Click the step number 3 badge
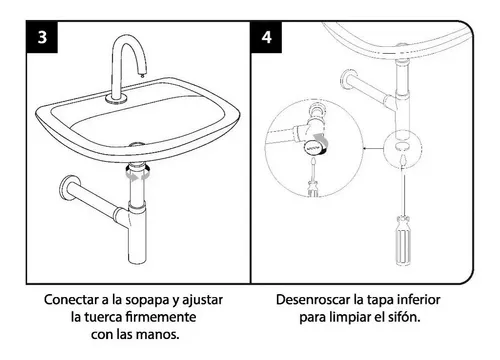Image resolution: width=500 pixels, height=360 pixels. (42, 37)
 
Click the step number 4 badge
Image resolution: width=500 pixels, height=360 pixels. (266, 37)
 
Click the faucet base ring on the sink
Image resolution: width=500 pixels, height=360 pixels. (116, 98)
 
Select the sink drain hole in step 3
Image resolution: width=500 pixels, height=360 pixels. (137, 145)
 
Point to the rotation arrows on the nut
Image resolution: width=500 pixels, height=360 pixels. (136, 175)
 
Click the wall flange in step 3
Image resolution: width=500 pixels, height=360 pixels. (66, 188)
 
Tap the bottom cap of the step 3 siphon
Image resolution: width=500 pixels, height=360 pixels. (137, 260)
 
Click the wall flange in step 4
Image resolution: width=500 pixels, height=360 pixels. (348, 80)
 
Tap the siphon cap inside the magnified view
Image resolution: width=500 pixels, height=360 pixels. (315, 146)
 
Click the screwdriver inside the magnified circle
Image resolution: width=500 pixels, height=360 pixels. (313, 178)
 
